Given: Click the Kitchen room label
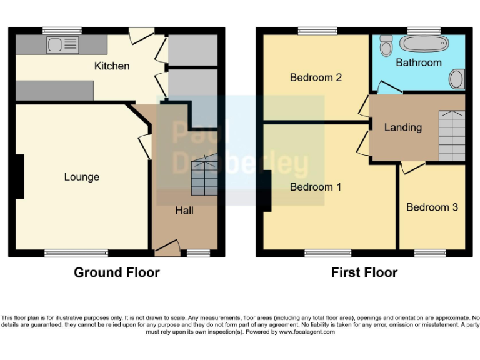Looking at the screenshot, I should (x=112, y=66).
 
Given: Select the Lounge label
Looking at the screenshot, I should (x=81, y=177).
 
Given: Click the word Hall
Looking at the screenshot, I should (x=184, y=211).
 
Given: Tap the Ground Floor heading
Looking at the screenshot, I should (x=116, y=272).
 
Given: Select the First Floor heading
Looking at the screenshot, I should (x=364, y=272).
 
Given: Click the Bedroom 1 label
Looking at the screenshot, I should (x=316, y=187).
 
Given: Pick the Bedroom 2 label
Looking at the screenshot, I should (x=316, y=77).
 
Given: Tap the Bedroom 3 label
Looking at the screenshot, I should (x=432, y=207).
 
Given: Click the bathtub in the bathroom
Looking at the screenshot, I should (x=424, y=44).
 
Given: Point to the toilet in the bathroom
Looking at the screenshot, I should (x=386, y=45).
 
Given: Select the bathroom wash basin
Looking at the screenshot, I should (x=457, y=79).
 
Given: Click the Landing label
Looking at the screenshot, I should (x=402, y=127).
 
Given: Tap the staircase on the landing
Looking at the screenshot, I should (x=452, y=136).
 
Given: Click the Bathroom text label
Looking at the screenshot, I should (x=418, y=62).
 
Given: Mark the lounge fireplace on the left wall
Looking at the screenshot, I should (x=19, y=177).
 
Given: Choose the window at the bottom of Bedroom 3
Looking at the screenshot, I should (x=430, y=253).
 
